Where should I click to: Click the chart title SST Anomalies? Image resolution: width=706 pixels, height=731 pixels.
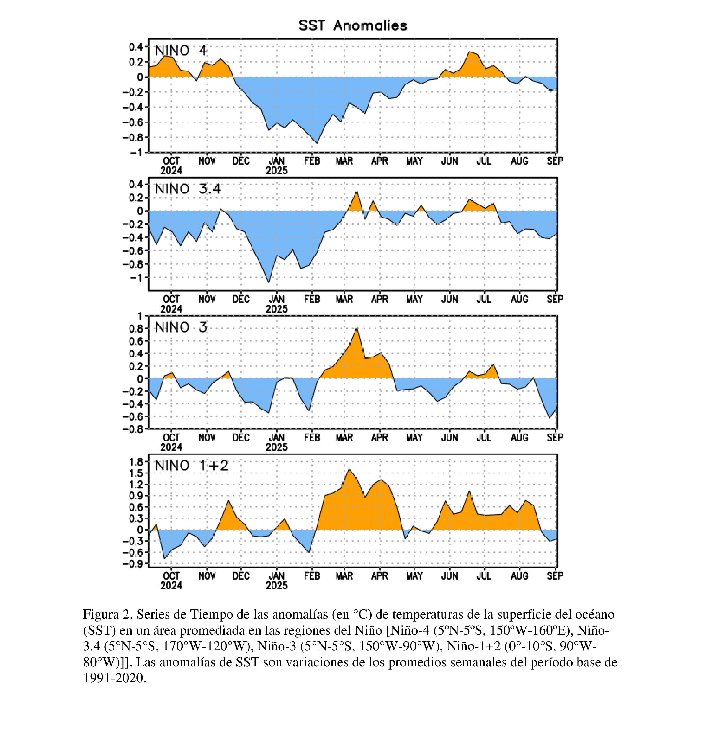click(352, 26)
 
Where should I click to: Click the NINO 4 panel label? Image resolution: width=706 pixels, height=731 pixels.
click(181, 50)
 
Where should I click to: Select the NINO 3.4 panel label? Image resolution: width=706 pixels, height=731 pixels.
click(188, 189)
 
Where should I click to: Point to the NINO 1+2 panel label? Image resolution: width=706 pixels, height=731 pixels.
click(192, 465)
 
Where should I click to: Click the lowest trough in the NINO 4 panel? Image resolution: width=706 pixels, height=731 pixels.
click(317, 143)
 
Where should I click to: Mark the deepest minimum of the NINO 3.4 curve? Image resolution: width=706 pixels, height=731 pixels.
click(269, 283)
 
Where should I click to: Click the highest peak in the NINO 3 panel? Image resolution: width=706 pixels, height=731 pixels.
click(357, 328)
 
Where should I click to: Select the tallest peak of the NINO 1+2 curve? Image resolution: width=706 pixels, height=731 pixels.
click(349, 469)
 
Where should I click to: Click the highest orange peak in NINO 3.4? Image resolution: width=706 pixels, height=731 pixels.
click(357, 191)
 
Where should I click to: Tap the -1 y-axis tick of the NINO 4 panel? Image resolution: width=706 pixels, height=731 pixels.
click(136, 153)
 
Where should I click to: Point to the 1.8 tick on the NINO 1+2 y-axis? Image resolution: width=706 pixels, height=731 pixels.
click(136, 462)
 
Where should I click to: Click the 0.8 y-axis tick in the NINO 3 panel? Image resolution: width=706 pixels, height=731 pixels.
click(136, 329)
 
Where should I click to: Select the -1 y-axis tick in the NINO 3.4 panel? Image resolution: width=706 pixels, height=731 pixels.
click(136, 277)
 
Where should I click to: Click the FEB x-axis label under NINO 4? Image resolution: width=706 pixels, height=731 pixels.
click(312, 161)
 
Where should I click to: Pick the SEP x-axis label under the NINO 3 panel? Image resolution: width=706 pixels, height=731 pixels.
click(555, 437)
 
